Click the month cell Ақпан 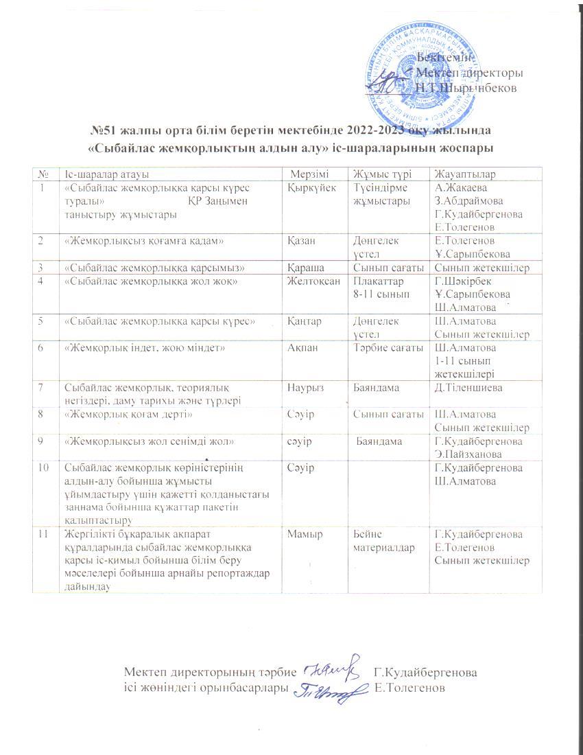tap(302, 349)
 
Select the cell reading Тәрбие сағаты tap(386, 349)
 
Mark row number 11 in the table tap(45, 534)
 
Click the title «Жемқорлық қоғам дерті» tap(128, 415)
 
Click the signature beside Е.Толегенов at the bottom tap(326, 688)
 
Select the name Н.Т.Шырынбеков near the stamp tap(466, 88)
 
